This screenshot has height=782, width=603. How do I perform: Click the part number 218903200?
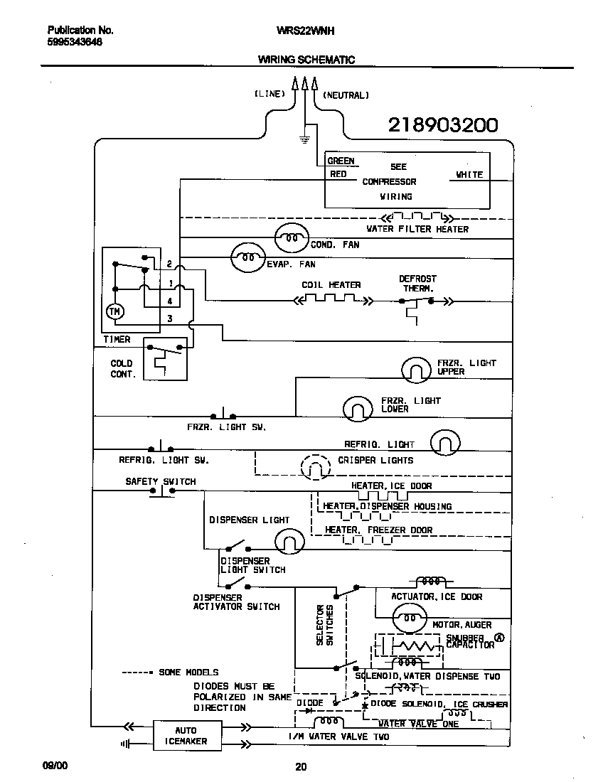pos(442,126)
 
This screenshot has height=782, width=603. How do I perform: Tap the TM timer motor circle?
pos(114,311)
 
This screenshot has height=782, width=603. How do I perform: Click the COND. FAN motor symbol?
pos(292,238)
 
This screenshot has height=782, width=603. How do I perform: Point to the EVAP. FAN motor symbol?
pos(247,259)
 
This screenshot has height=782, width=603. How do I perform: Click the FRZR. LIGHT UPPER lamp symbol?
pos(416,369)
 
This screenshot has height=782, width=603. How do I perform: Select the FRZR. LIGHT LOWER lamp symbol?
pos(358,407)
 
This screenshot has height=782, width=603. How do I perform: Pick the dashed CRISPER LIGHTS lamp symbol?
pos(315,466)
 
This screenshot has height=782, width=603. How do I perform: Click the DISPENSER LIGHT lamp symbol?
pos(289,544)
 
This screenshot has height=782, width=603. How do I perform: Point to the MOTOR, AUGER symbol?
pos(410,618)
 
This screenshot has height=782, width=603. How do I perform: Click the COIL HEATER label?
pos(331,285)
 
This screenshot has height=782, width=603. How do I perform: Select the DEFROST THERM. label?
pos(417,284)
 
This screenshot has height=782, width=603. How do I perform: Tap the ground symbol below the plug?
pos(305,138)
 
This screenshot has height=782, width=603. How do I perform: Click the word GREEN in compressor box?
pos(341,161)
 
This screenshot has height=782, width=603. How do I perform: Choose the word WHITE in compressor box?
pos(469,174)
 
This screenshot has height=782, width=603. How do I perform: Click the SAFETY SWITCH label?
pos(161,481)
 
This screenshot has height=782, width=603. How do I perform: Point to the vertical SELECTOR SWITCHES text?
pos(325,625)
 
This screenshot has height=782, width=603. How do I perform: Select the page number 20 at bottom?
pos(301,766)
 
